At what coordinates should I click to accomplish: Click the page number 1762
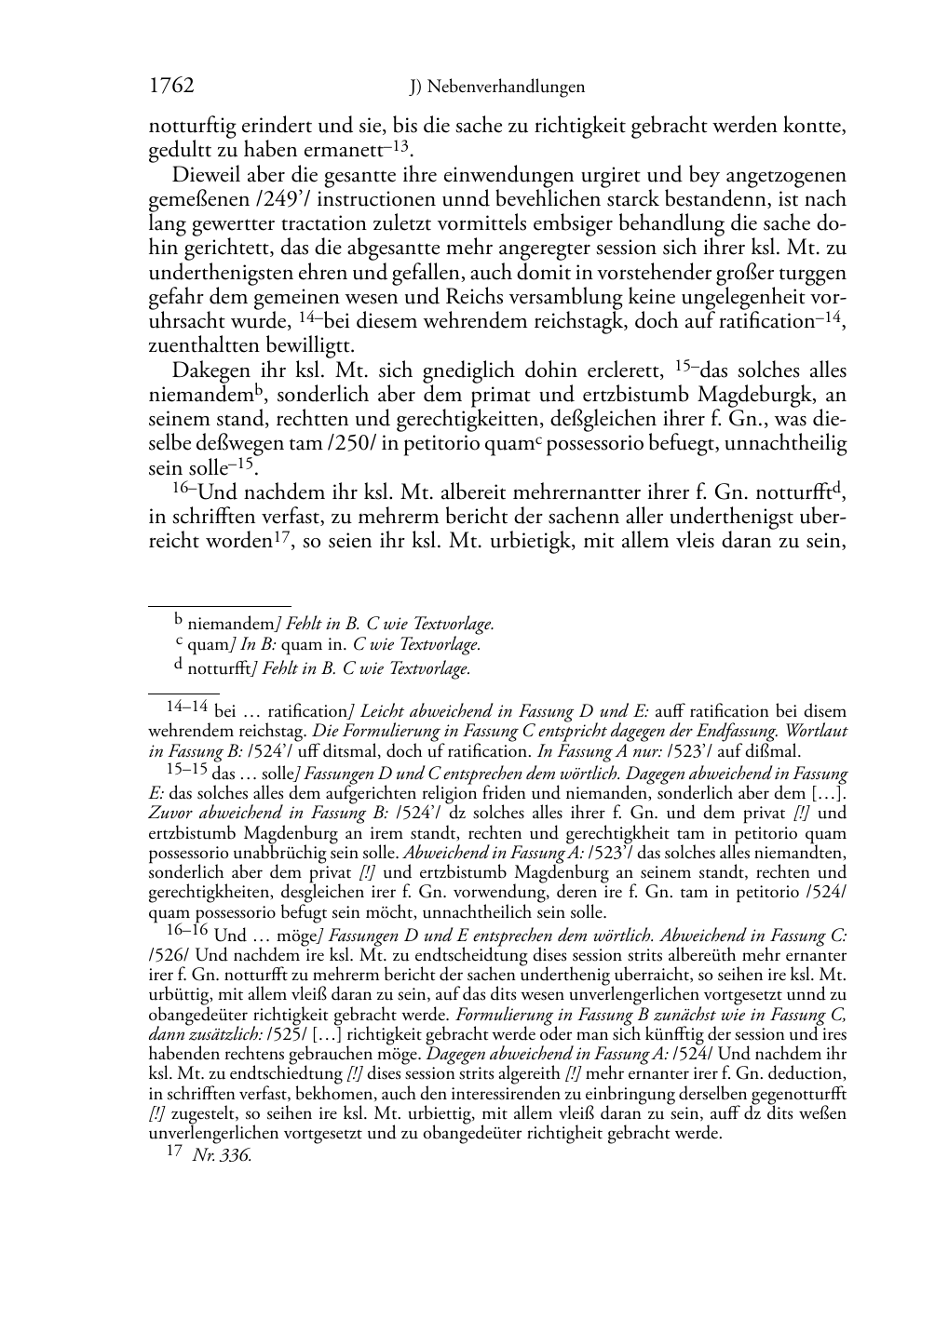pyautogui.click(x=171, y=87)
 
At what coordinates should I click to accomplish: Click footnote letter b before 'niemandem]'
pyautogui.click(x=179, y=617)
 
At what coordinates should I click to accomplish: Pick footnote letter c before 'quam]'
pyautogui.click(x=179, y=641)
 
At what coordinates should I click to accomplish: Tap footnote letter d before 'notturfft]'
pyautogui.click(x=179, y=665)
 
